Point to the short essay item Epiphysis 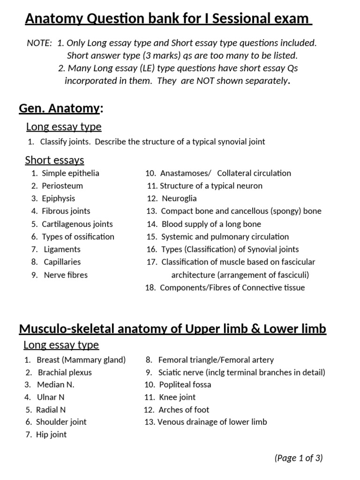(x=58, y=198)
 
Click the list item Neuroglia (x=179, y=198)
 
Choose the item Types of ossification (x=78, y=237)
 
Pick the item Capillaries (x=62, y=262)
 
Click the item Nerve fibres (x=66, y=275)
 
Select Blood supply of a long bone (x=211, y=224)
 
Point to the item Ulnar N (x=53, y=397)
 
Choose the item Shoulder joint (x=61, y=422)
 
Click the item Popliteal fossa (x=185, y=384)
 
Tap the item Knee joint (x=177, y=397)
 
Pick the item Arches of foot (x=184, y=410)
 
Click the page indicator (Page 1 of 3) (x=299, y=458)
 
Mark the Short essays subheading (x=54, y=160)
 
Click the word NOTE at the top (x=39, y=43)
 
